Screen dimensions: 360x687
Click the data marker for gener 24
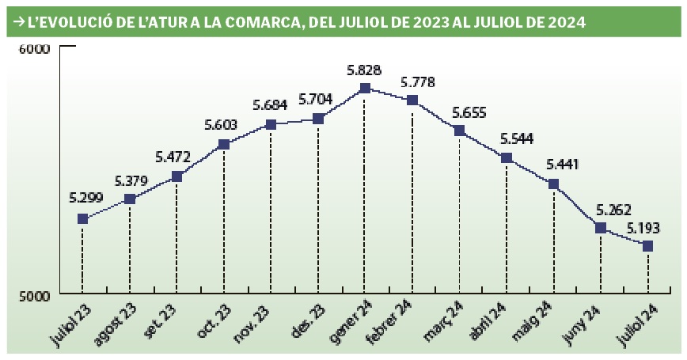pos(365,89)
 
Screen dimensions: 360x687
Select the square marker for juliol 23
pos(82,218)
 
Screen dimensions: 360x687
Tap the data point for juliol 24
pos(647,246)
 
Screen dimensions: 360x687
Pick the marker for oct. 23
pos(224,144)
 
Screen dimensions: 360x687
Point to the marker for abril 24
pos(507,157)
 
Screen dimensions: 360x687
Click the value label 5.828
pos(363,70)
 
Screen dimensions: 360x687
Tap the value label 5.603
pos(222,125)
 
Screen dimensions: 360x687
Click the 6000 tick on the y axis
pos(34,49)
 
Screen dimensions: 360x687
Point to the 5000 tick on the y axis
pos(34,295)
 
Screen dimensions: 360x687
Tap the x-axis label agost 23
pos(115,324)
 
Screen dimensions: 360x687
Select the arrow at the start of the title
pos(19,21)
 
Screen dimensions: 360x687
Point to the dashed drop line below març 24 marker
pos(459,214)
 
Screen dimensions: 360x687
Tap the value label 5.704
pos(315,99)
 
